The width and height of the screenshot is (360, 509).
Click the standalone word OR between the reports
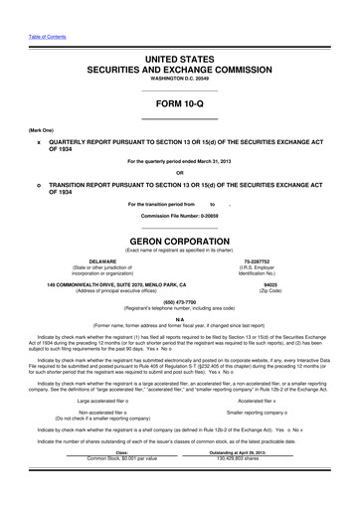[179, 169]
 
